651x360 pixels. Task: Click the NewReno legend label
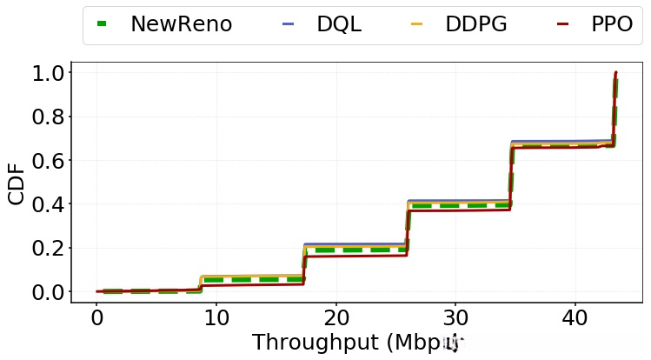[x=181, y=24]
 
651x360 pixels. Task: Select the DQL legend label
[x=339, y=24]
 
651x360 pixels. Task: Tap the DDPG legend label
[x=476, y=24]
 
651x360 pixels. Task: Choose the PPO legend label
[x=612, y=24]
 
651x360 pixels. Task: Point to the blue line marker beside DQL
[x=289, y=24]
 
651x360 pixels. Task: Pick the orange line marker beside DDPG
[x=417, y=24]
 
